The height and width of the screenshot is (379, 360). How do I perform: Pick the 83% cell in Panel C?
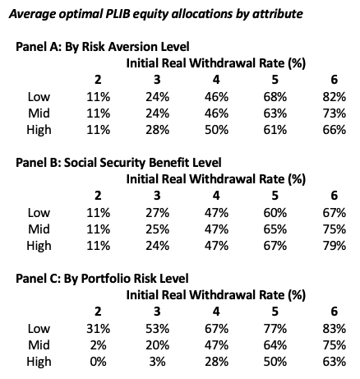click(x=334, y=328)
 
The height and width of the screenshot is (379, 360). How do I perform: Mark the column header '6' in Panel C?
click(x=334, y=311)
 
